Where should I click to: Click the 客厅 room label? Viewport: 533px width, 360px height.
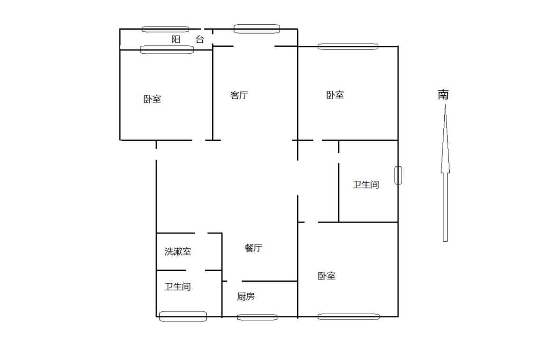[239, 95]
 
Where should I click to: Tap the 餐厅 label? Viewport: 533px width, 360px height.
[253, 248]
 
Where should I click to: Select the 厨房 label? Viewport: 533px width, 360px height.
[246, 297]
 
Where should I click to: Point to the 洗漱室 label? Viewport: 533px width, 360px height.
[178, 252]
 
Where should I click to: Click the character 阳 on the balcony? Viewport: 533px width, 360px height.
[176, 40]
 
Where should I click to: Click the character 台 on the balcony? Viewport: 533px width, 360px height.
[200, 40]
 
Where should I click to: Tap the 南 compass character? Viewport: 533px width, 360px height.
[443, 95]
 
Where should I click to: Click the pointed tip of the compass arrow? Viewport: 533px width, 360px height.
[445, 106]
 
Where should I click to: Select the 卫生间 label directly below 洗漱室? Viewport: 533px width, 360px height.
[178, 287]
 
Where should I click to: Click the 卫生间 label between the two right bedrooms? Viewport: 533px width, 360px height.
[366, 184]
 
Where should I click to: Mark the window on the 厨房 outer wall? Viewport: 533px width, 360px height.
[257, 317]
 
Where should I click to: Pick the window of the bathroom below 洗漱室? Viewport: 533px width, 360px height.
[183, 316]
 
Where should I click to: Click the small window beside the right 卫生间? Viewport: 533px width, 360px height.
[398, 175]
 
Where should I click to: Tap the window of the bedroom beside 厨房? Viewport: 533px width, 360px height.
[348, 316]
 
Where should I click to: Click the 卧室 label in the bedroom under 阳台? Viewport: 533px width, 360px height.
[153, 99]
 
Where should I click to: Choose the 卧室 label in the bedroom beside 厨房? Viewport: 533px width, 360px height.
[327, 276]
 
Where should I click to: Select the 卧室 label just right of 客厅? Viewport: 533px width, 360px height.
[335, 95]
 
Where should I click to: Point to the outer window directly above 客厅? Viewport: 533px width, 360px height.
[256, 29]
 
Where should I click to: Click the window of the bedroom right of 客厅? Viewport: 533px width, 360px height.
[348, 46]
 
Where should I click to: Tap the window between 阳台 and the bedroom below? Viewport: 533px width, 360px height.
[167, 49]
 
